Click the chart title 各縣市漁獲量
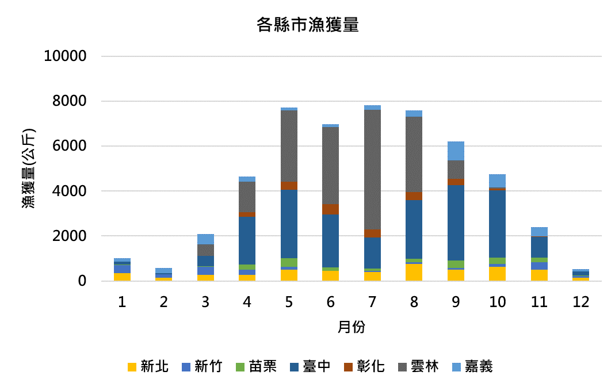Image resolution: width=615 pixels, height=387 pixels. coord(307,25)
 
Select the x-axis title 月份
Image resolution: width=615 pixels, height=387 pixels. coord(351,327)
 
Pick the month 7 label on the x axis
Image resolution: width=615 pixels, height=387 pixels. coord(372,302)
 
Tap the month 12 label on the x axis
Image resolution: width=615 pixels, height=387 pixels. coord(581,302)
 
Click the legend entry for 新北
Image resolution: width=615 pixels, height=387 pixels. coord(148,366)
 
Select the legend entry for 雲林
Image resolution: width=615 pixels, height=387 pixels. coord(418,366)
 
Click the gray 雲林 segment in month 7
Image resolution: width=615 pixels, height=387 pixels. coord(372,170)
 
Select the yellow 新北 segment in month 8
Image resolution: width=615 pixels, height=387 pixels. coord(414,272)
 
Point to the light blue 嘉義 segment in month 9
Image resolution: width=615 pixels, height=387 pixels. coord(456,151)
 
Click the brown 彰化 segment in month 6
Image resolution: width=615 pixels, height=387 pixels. coord(331,209)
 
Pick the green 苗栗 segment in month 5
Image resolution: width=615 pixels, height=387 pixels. coord(289,262)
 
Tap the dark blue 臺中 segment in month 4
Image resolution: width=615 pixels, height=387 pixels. coord(247,240)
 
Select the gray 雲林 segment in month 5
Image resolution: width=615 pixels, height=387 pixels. coord(289,145)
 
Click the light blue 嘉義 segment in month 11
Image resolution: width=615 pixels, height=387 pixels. coord(539,232)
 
